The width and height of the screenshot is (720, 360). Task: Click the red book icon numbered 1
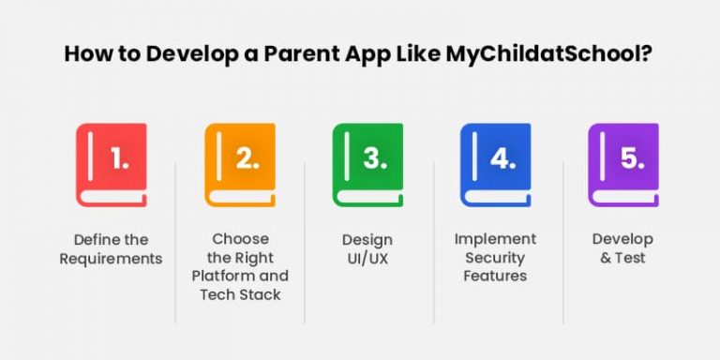pyautogui.click(x=112, y=164)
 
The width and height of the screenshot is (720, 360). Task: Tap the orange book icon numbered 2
pyautogui.click(x=240, y=164)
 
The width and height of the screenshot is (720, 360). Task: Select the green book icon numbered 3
pyautogui.click(x=367, y=164)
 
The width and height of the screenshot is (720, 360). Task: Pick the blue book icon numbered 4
pyautogui.click(x=495, y=164)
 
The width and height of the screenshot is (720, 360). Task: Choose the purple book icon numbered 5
pyautogui.click(x=622, y=164)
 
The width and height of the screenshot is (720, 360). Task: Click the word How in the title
pyautogui.click(x=84, y=53)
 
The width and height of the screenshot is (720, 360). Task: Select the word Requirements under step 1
pyautogui.click(x=112, y=258)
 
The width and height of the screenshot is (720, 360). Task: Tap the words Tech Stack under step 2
pyautogui.click(x=240, y=294)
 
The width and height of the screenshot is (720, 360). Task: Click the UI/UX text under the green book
pyautogui.click(x=367, y=258)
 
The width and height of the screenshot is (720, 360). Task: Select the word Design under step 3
pyautogui.click(x=367, y=239)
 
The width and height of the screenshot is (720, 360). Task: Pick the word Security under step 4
pyautogui.click(x=495, y=258)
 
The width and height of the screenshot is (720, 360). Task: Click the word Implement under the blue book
pyautogui.click(x=495, y=239)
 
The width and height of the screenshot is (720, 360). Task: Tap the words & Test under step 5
pyautogui.click(x=622, y=258)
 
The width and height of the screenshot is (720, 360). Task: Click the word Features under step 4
pyautogui.click(x=495, y=276)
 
